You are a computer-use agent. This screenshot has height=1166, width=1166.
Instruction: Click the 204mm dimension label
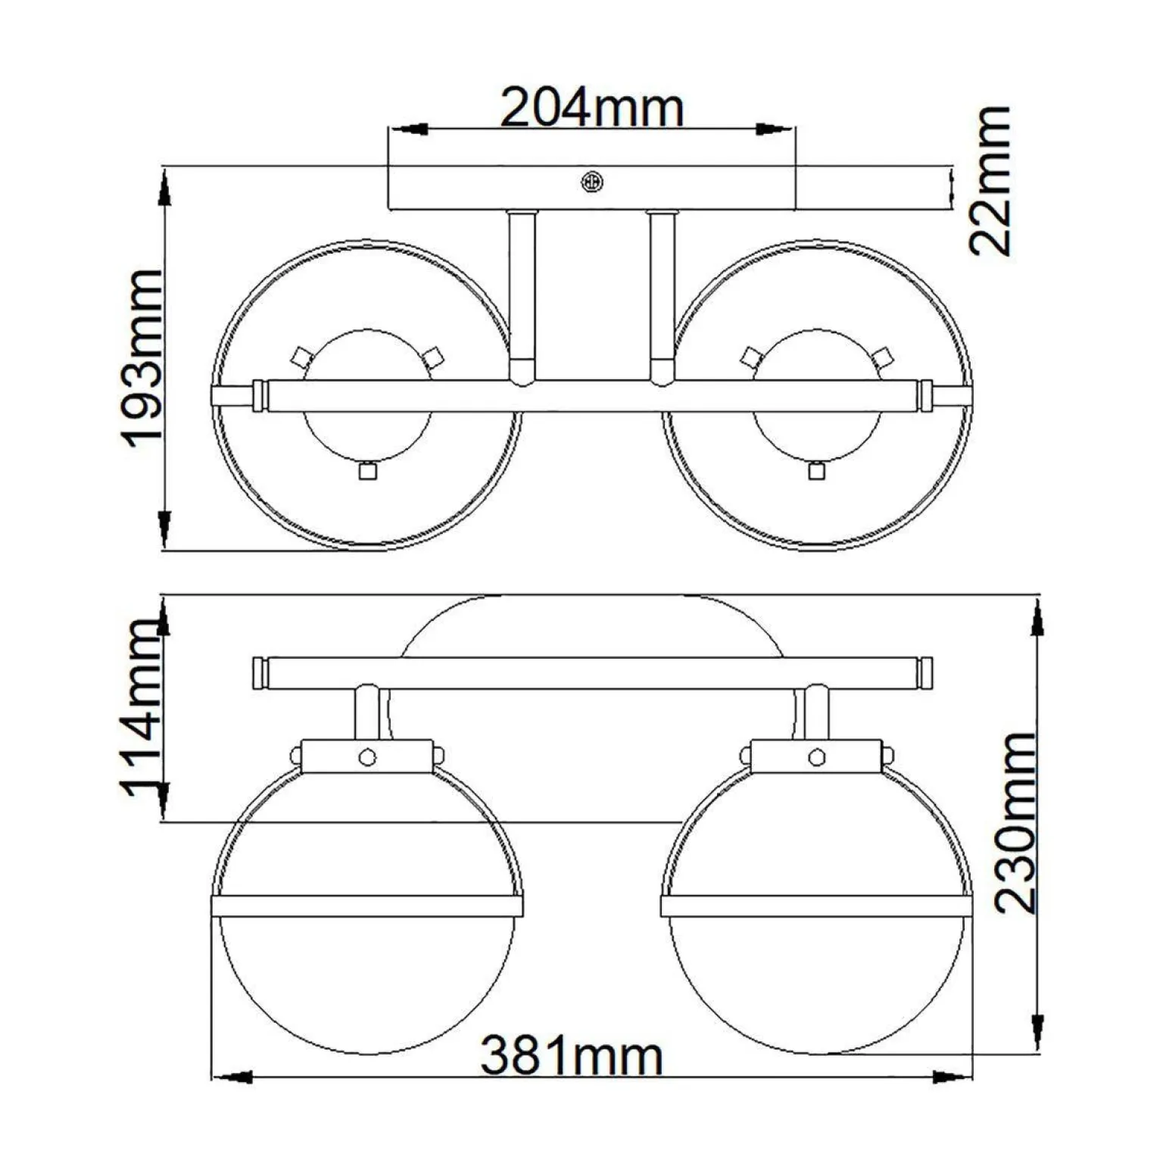[x=592, y=108]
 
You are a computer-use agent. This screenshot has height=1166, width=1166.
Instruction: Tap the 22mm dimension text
[x=990, y=182]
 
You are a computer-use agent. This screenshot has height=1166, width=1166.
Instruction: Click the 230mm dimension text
[x=1015, y=823]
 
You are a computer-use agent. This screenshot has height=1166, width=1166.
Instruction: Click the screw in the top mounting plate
[x=591, y=182]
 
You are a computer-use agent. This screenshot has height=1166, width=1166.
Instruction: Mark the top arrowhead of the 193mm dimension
[x=164, y=188]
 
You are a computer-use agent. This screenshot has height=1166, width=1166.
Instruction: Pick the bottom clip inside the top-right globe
[x=815, y=471]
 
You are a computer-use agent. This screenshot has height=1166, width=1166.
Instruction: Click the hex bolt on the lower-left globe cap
[x=367, y=757]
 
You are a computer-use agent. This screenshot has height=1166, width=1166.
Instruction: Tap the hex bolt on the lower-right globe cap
[x=816, y=757]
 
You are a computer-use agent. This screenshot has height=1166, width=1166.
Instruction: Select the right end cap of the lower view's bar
[x=927, y=673]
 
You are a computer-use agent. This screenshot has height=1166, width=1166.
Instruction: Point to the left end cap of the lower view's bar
[x=259, y=673]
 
